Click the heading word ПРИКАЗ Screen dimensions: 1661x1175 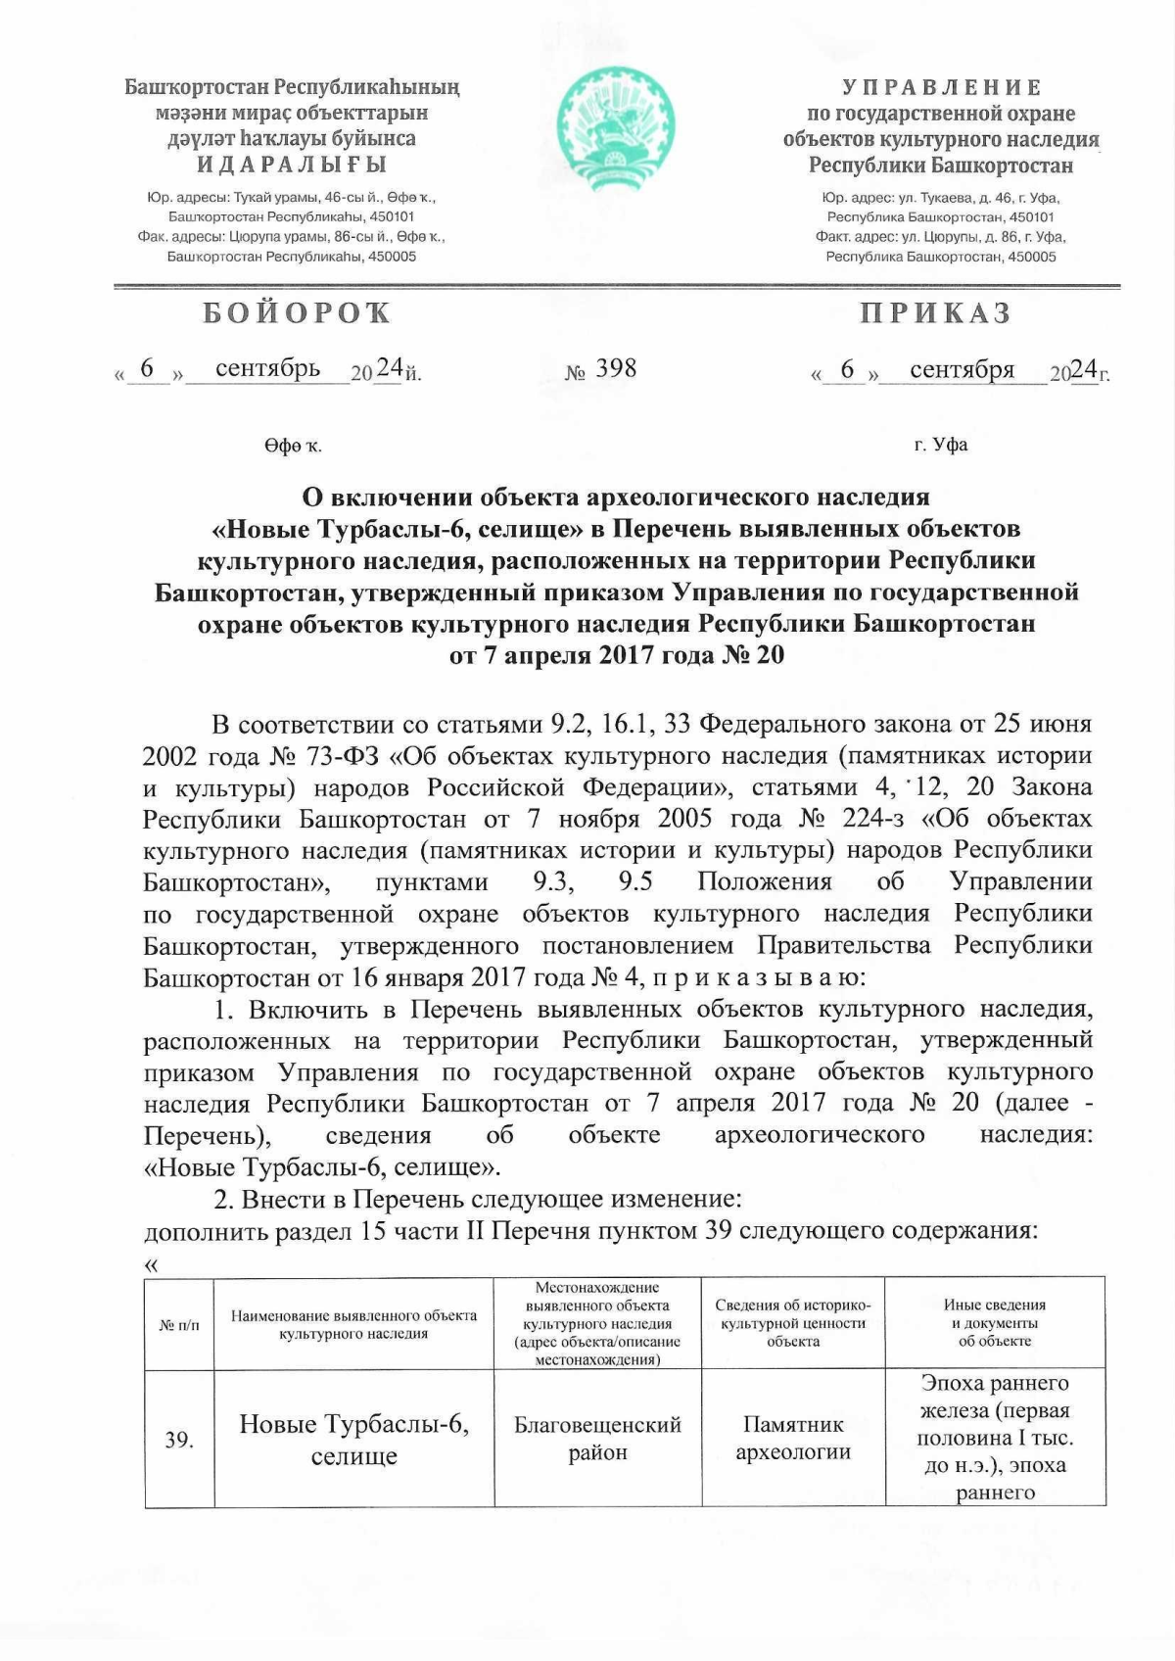[935, 313]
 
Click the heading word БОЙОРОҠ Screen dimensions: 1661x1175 [298, 313]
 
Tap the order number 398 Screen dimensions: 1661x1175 [616, 368]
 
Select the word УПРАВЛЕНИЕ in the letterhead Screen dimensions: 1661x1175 [941, 88]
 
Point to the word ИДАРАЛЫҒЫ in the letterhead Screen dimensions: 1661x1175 [292, 165]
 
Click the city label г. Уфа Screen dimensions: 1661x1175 [941, 445]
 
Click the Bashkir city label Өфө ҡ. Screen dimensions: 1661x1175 [292, 447]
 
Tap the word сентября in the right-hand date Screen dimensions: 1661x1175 [962, 369]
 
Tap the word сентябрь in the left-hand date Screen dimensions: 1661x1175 [267, 368]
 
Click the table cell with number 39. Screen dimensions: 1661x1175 [179, 1440]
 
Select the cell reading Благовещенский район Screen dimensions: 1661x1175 [597, 1438]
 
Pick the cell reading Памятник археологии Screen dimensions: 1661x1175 [792, 1438]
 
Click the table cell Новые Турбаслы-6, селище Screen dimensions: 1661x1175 [353, 1440]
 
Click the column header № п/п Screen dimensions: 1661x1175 [179, 1324]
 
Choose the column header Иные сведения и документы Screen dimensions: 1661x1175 [995, 1323]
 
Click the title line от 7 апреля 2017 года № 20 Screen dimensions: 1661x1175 [616, 654]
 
